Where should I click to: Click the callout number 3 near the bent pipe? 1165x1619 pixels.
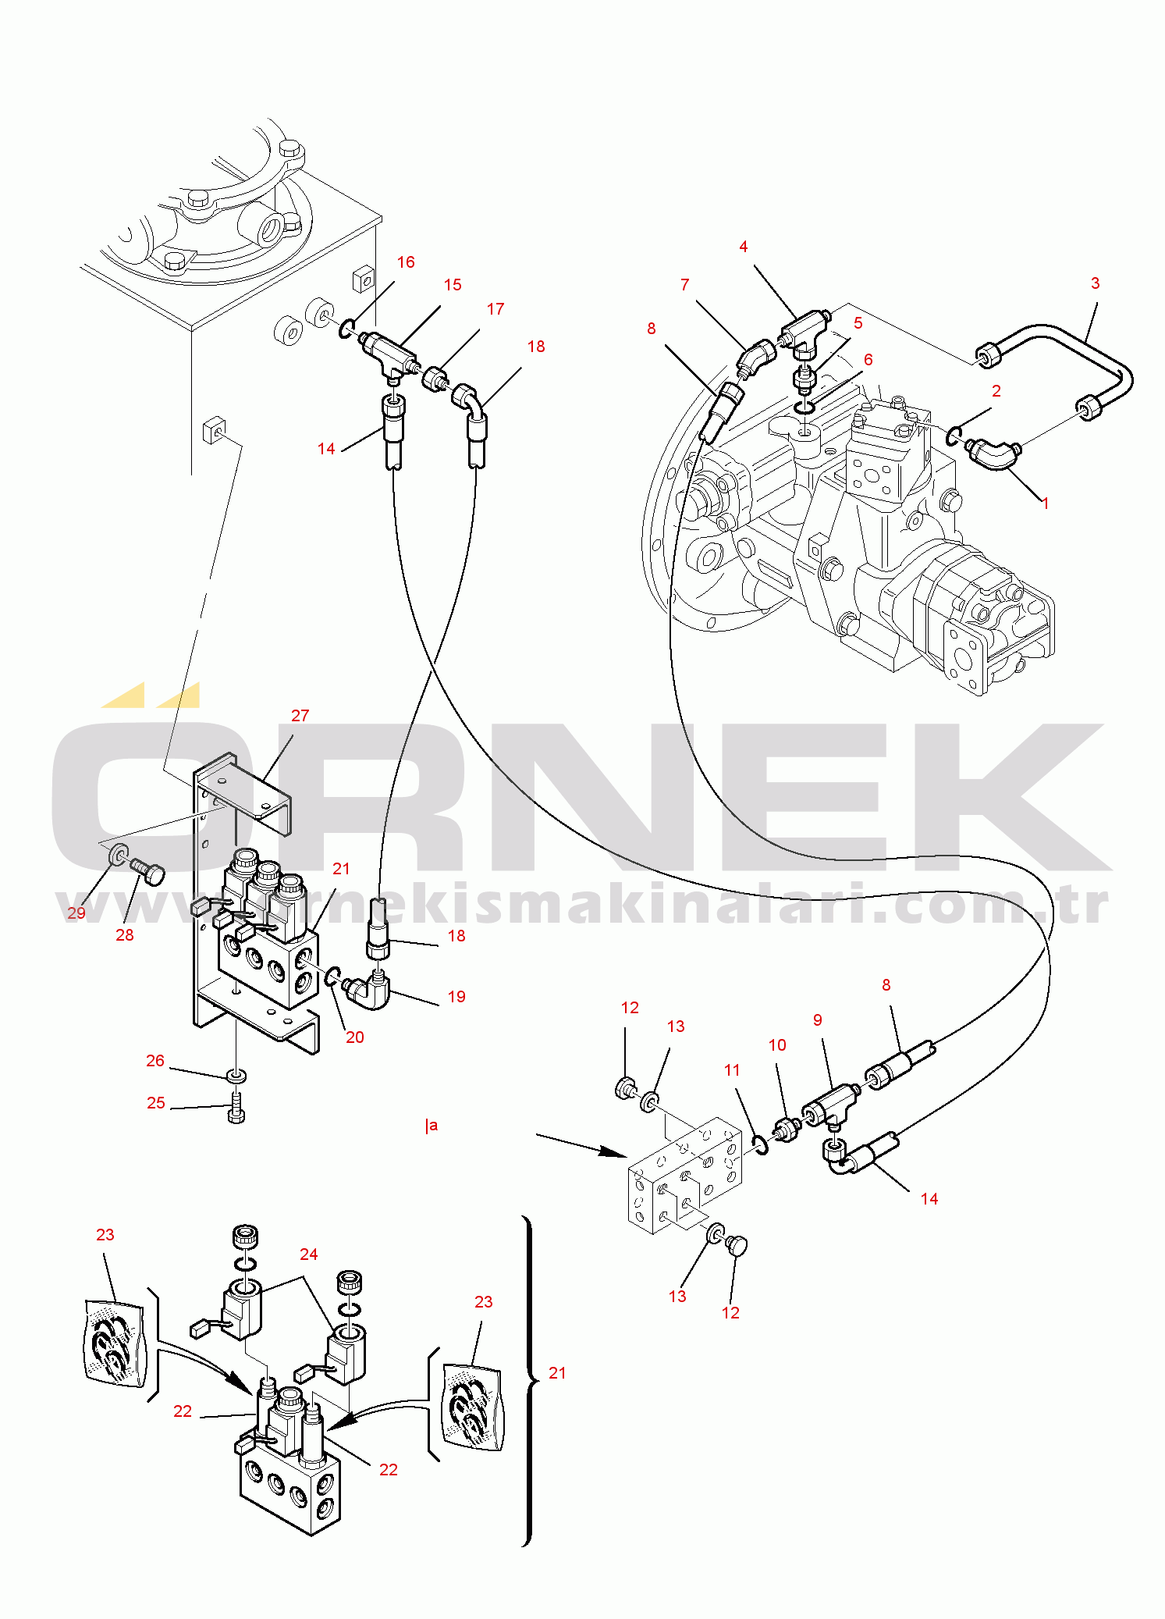1095,283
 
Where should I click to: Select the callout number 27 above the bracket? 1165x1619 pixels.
300,715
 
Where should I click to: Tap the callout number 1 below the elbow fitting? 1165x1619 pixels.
1046,503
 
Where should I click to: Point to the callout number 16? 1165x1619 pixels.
406,262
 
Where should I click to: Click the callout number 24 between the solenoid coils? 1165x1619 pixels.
308,1254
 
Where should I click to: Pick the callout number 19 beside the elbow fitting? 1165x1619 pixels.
456,997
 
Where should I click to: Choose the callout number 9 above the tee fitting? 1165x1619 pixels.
817,1020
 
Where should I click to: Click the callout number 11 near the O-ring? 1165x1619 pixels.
731,1070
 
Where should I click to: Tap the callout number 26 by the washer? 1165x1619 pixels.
155,1061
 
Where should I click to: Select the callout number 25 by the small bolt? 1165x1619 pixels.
156,1103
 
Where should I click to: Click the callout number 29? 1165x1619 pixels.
76,913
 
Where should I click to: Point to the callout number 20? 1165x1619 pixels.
354,1037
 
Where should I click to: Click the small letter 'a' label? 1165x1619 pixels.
433,1126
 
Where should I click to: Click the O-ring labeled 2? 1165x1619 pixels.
954,436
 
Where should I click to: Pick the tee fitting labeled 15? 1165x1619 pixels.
388,349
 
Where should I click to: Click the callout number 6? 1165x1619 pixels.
868,360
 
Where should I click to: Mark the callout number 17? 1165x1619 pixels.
495,309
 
